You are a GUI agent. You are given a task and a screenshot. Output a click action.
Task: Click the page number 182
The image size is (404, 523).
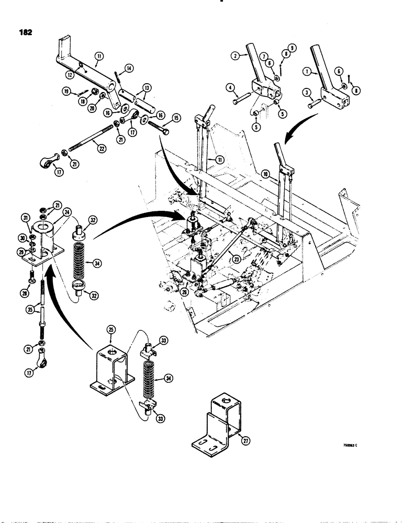pos(24,32)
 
